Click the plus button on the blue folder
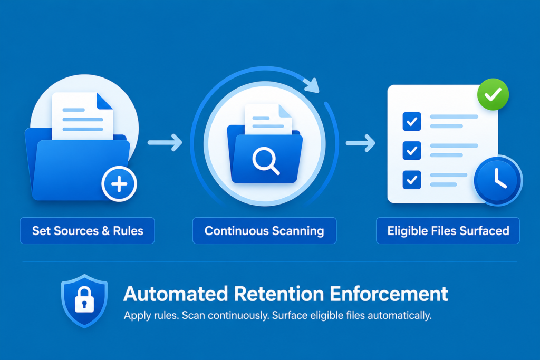tap(119, 184)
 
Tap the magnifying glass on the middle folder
tap(265, 160)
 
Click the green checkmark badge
tap(493, 94)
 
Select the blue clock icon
tap(498, 181)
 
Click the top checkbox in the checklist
tap(412, 121)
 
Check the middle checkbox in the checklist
tap(412, 150)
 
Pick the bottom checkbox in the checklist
tap(412, 180)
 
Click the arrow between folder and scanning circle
tap(165, 142)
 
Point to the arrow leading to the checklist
tap(361, 143)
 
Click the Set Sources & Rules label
tap(88, 230)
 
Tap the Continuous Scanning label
tap(264, 230)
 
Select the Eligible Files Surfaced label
tap(448, 230)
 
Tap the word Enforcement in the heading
tap(389, 294)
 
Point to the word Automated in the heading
tap(176, 294)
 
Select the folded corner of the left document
tap(104, 101)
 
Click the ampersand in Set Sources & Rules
tap(105, 230)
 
